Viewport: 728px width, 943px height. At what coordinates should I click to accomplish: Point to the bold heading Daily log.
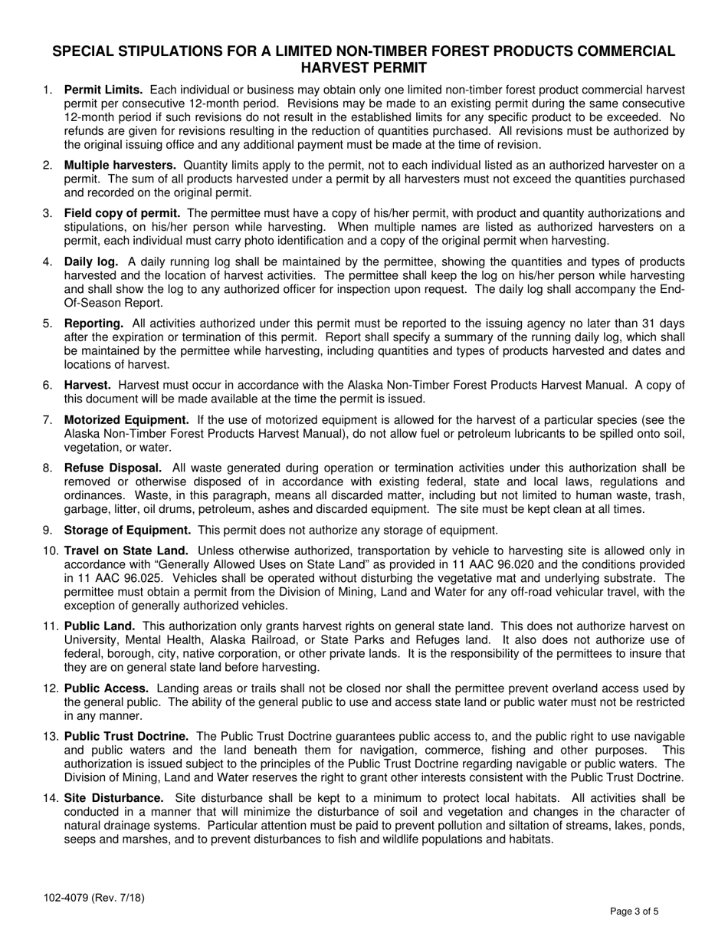(x=90, y=261)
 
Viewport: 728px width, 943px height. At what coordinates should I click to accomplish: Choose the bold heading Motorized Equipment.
(x=126, y=419)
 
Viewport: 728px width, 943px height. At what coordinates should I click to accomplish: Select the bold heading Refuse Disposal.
(x=113, y=468)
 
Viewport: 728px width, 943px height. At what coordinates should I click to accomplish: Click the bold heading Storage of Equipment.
(x=127, y=530)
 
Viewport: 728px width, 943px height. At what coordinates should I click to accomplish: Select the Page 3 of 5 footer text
(x=634, y=912)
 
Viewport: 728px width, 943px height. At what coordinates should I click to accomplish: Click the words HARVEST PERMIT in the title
(x=363, y=67)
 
